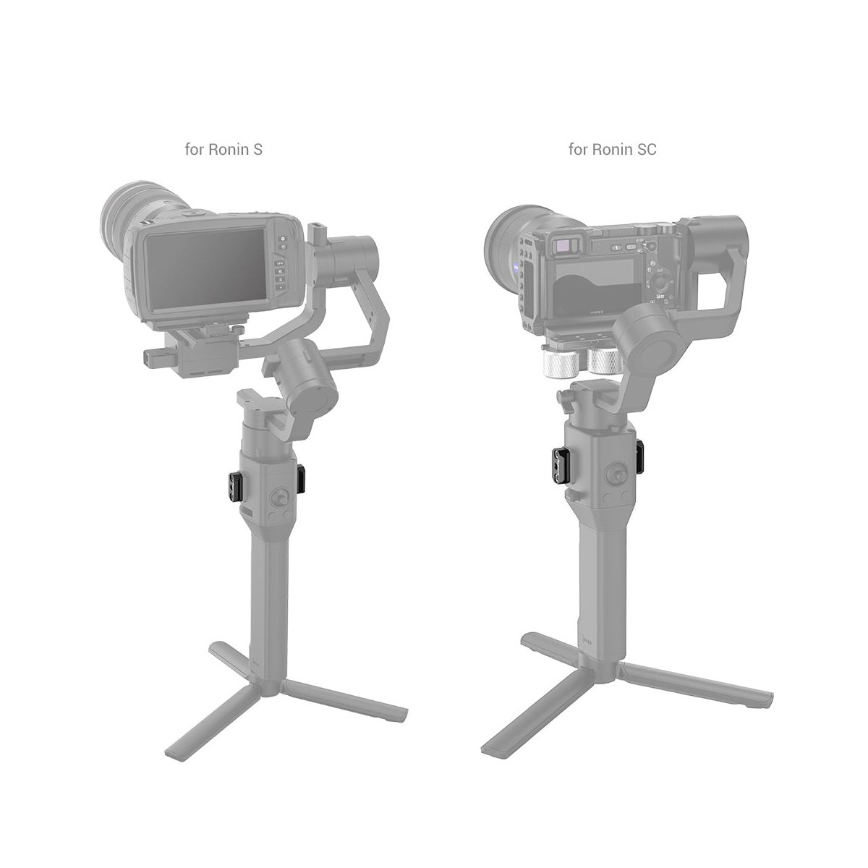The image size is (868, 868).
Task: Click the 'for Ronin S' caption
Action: [224, 149]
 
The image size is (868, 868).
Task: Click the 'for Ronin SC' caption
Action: [612, 149]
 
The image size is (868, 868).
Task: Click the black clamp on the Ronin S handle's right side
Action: [301, 480]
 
